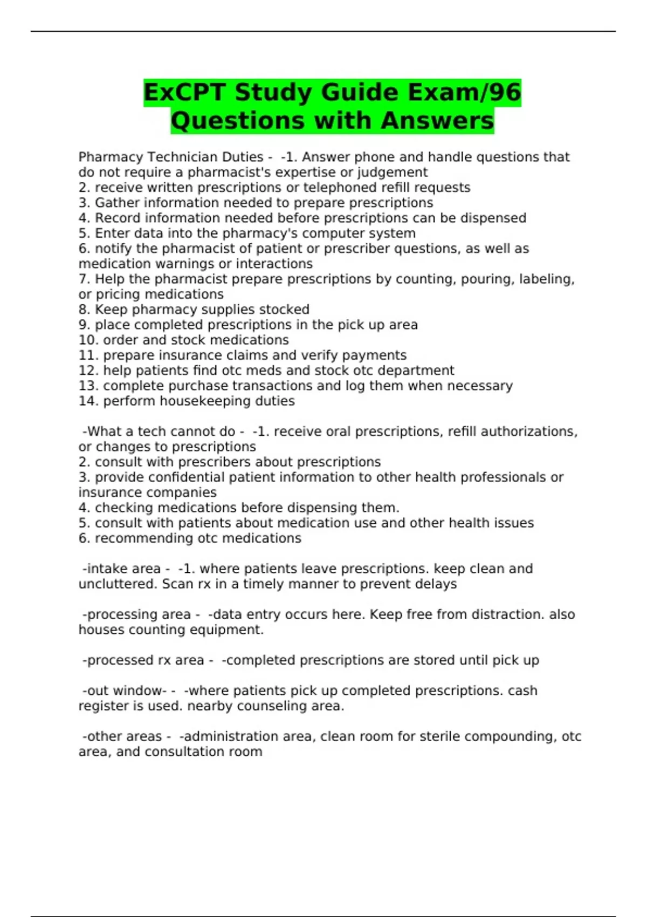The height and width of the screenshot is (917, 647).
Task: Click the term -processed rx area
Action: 143,660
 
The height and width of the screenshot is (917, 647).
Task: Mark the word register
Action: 103,706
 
